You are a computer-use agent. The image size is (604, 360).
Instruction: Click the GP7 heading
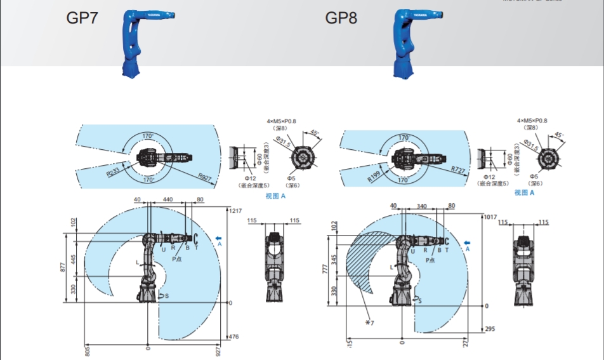pos(82,17)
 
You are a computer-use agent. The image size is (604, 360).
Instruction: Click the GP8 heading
pos(341,17)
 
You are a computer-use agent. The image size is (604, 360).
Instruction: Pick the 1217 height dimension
pos(236,210)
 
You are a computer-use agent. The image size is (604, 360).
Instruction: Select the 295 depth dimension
pos(489,329)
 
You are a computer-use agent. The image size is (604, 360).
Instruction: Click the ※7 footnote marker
pos(369,323)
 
